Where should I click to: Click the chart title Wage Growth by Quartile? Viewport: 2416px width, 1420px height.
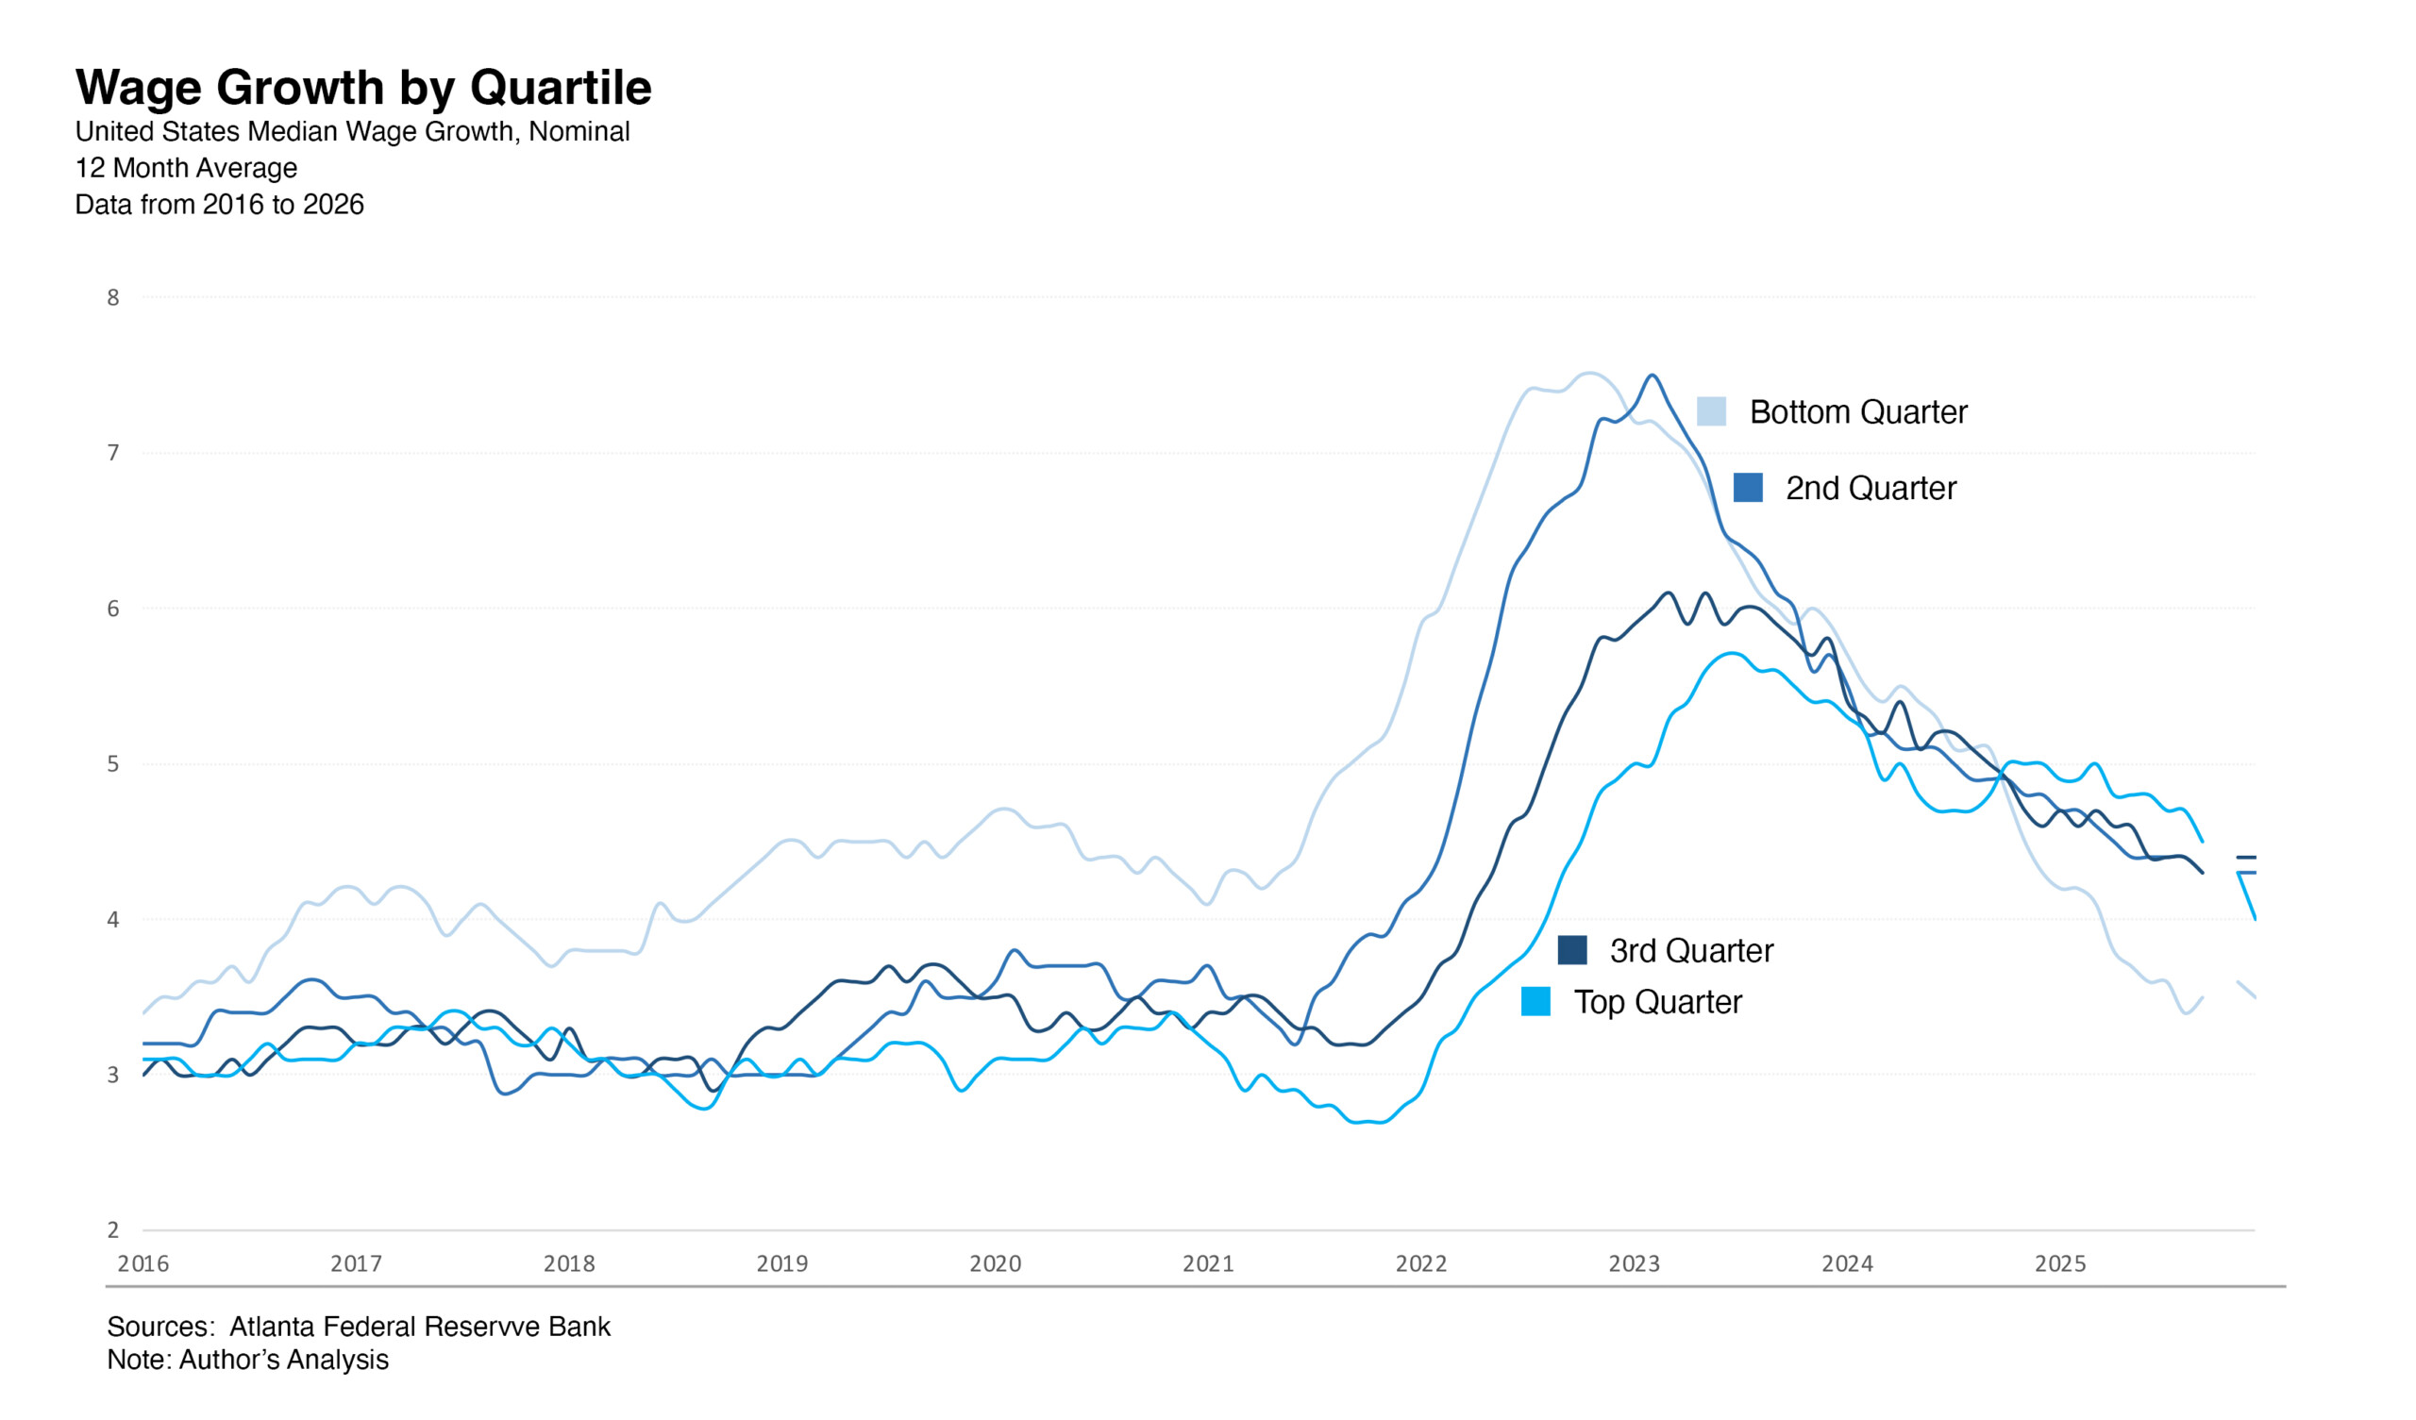pos(363,87)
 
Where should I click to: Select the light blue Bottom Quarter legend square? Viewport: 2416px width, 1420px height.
pos(1711,411)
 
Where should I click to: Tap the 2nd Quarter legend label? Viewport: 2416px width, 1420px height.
pos(1870,488)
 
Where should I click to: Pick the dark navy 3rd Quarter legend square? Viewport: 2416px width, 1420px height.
pos(1572,950)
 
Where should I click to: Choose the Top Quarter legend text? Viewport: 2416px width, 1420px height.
pos(1657,1002)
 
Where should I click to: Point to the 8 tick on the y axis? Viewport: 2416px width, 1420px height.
pos(113,298)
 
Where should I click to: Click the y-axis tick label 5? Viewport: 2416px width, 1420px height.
pos(113,764)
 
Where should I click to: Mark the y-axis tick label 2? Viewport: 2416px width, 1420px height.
pos(113,1230)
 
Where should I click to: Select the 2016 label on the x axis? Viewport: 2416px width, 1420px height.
pos(143,1263)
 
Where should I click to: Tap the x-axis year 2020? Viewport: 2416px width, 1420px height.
pos(995,1263)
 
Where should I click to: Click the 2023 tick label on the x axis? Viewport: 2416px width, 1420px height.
pos(1635,1263)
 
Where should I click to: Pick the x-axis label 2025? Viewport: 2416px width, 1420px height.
pos(2060,1263)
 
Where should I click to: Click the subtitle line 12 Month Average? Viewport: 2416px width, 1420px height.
pos(186,168)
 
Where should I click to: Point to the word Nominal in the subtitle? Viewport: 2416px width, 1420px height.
pos(579,131)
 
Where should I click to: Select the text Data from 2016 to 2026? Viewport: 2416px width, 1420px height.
pos(220,204)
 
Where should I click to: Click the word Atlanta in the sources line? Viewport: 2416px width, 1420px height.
pos(274,1327)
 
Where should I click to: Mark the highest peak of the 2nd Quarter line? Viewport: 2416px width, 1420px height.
pos(1651,376)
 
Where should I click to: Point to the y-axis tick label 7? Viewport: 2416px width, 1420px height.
pos(113,453)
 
